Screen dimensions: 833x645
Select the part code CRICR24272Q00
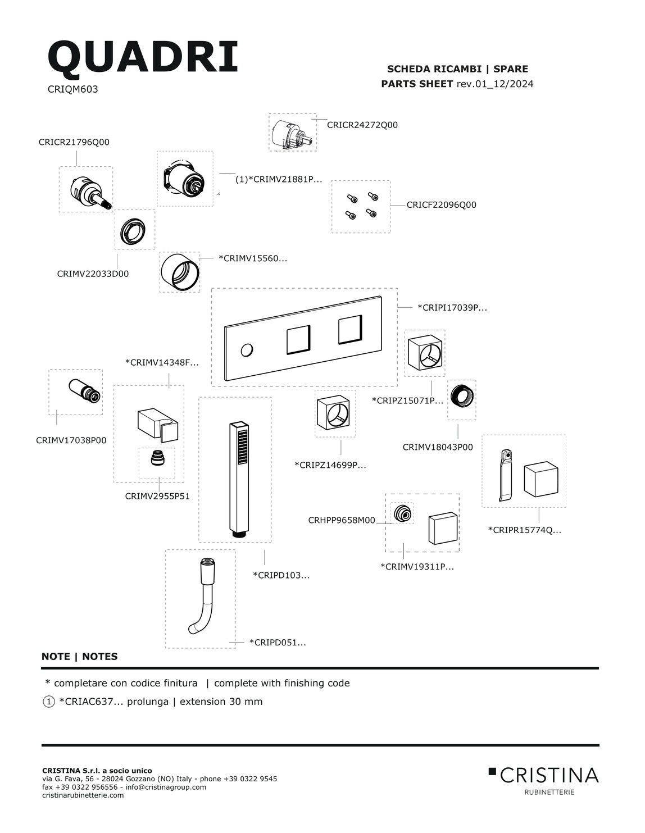coord(362,125)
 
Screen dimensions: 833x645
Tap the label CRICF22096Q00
coord(441,205)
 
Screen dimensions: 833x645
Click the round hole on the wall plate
coord(246,351)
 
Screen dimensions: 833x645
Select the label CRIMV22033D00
coord(93,274)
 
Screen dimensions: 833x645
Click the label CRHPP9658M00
coord(341,521)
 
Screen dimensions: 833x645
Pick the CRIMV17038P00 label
coord(71,440)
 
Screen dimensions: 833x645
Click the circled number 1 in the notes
coord(48,702)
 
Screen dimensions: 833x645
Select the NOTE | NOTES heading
coord(80,657)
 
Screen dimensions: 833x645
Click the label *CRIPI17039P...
coord(452,308)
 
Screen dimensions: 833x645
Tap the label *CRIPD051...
coord(278,643)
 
